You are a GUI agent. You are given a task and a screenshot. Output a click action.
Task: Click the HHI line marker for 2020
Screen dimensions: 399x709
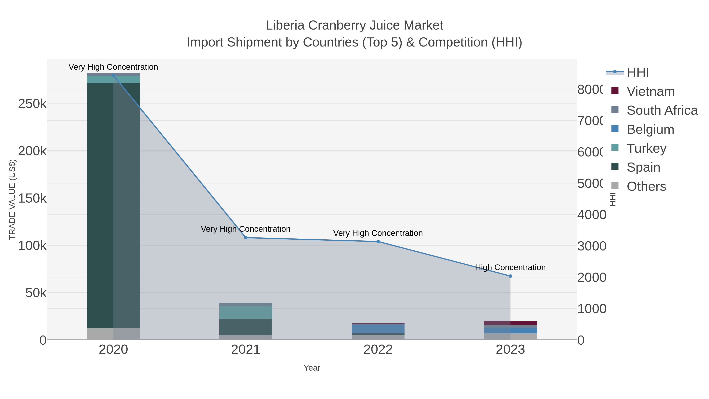tap(113, 75)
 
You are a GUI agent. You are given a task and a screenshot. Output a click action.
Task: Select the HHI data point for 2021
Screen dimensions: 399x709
tap(246, 238)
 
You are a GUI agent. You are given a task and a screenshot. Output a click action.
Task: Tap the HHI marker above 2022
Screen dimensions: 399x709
tap(378, 242)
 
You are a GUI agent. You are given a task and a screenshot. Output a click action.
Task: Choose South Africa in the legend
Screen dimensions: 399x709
tap(662, 110)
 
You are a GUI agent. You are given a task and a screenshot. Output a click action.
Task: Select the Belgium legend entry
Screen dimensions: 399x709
tap(650, 129)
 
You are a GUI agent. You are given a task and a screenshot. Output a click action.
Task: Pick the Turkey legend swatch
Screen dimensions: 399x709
tap(615, 148)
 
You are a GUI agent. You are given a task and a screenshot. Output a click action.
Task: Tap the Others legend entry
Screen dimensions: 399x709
tap(646, 186)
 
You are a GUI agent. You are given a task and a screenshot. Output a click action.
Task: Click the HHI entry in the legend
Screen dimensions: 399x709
tap(638, 73)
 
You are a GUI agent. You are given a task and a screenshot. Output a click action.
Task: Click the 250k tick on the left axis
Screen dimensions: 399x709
tap(32, 104)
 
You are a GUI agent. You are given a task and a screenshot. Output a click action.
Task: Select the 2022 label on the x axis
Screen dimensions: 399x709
tap(378, 350)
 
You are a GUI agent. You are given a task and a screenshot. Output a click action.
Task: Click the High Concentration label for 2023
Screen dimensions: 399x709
tap(510, 267)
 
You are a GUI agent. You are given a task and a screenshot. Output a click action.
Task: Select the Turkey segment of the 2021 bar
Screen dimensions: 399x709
tap(246, 312)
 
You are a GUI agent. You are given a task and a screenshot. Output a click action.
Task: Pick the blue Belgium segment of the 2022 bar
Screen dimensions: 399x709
tap(378, 328)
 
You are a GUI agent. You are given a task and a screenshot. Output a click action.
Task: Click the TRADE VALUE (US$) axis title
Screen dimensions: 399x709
tap(12, 199)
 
